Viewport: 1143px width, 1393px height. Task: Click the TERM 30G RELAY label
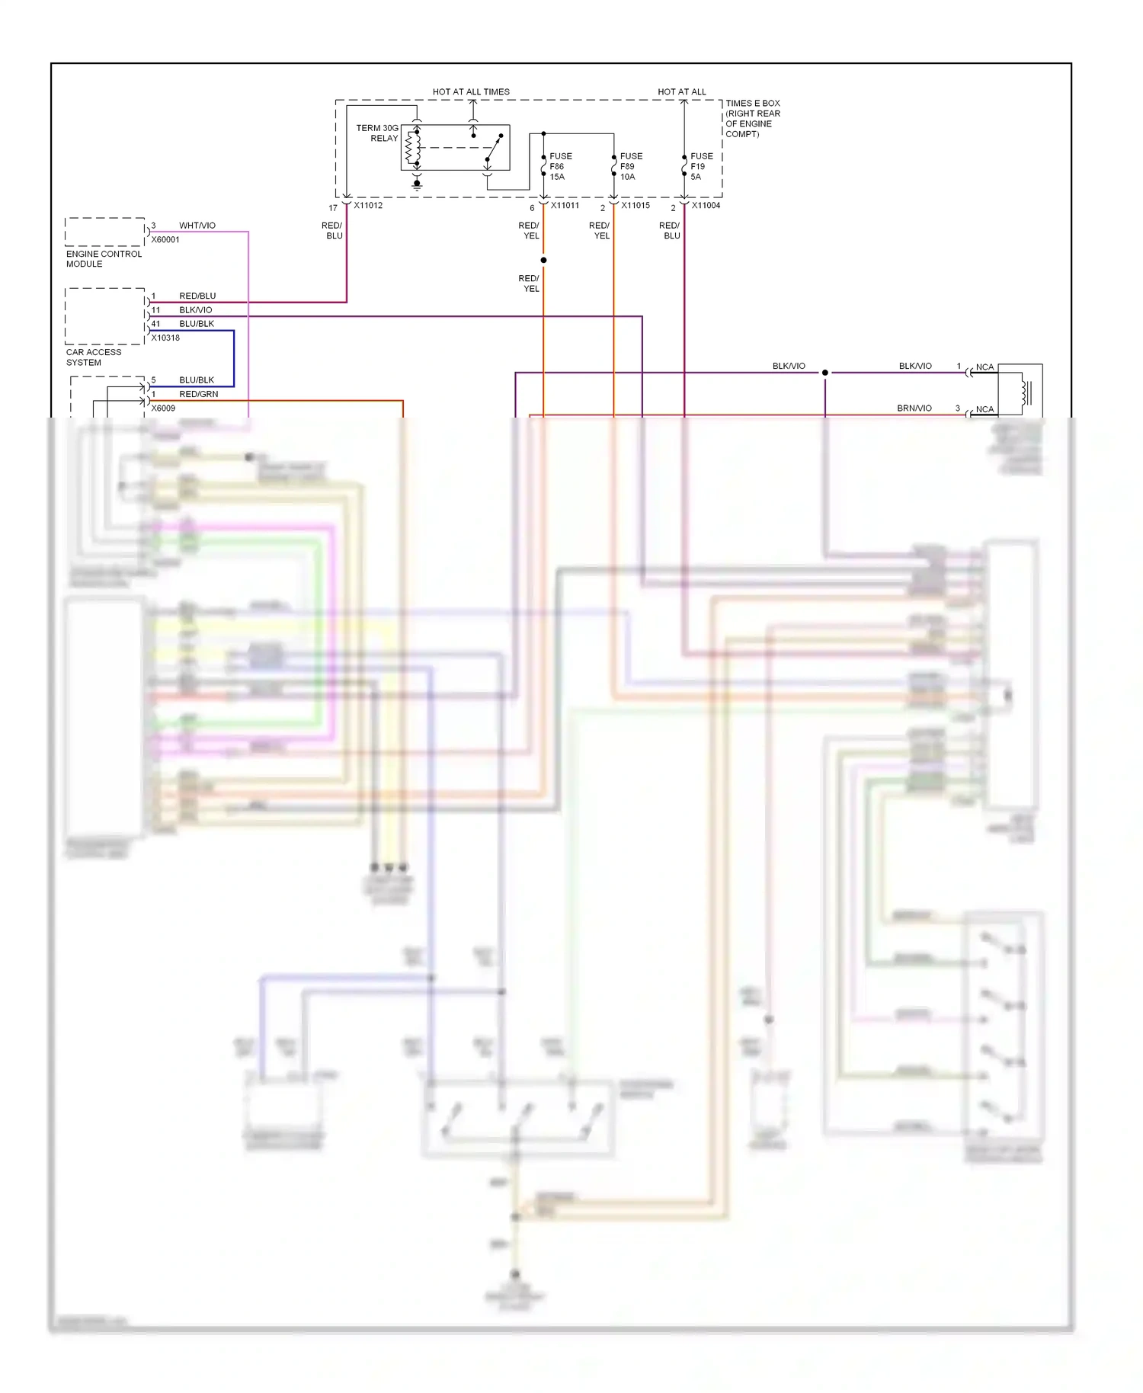377,133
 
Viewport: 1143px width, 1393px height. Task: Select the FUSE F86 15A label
560,166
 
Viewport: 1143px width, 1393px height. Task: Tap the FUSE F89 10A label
630,166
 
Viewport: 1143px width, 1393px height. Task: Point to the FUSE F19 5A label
701,166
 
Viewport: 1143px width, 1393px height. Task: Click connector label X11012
368,206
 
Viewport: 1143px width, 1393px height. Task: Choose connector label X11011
565,206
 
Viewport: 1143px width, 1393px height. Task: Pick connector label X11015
636,206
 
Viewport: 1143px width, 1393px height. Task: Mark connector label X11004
706,206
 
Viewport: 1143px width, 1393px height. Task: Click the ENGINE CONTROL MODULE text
104,259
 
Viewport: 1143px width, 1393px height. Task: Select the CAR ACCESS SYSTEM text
93,357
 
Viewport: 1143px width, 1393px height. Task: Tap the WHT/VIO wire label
197,226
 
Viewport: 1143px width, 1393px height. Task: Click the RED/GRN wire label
199,394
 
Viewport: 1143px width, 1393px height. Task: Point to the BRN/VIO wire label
914,408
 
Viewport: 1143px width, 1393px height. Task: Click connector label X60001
165,240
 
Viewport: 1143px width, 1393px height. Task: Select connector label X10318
165,338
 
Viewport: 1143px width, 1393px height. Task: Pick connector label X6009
163,408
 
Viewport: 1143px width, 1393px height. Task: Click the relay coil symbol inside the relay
412,148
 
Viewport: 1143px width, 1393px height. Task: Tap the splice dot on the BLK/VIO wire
824,373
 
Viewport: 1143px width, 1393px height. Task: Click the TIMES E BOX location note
752,119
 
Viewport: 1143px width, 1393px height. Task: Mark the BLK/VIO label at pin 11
196,310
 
